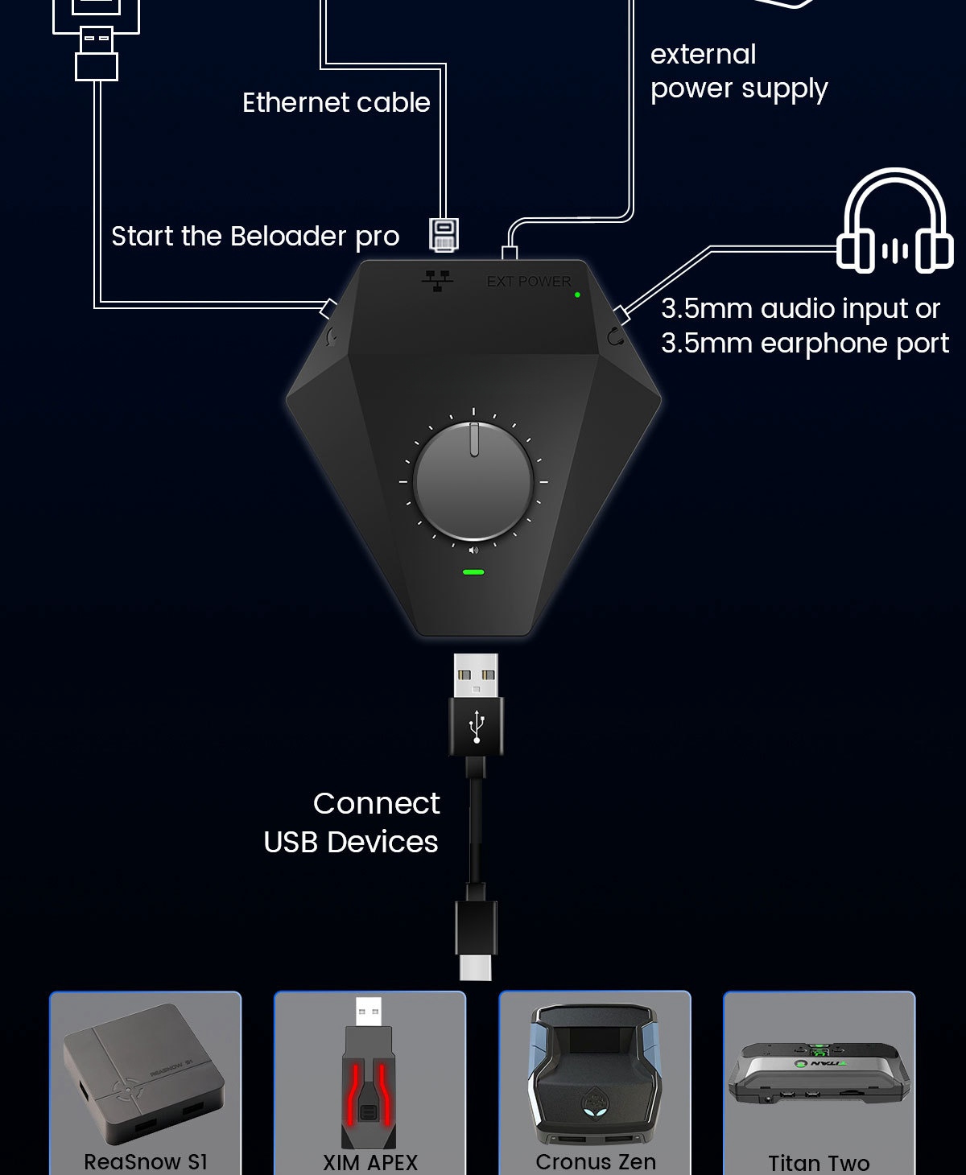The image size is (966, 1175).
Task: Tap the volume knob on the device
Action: coord(473,481)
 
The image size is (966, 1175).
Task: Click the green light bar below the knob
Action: coord(473,572)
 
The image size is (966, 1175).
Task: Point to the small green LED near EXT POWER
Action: coord(577,295)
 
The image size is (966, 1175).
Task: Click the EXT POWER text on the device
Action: coord(529,282)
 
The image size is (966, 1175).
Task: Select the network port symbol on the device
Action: coord(437,280)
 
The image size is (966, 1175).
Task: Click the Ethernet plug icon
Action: coord(444,234)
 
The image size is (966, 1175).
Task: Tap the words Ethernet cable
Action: coord(336,103)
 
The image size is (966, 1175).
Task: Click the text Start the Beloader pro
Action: coord(255,237)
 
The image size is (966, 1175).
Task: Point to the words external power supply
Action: coord(738,72)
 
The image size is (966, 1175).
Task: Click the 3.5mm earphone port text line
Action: coord(804,344)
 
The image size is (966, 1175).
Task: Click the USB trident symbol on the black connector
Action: coord(477,726)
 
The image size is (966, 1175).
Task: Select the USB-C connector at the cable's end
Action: coord(476,966)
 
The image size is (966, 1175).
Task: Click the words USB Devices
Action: coord(351,842)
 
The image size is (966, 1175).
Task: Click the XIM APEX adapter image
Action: coord(369,1074)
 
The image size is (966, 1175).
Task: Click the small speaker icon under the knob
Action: coord(473,550)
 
